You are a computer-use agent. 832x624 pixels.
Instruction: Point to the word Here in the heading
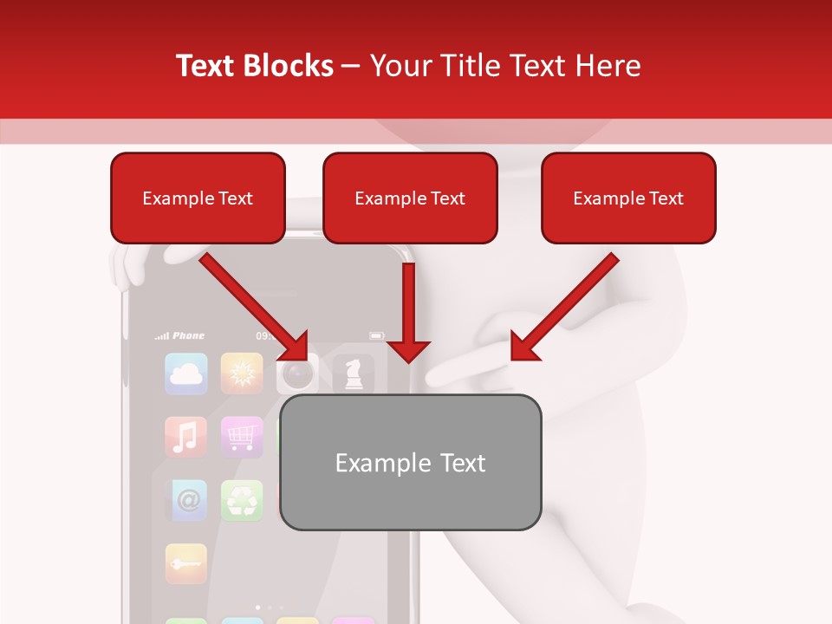click(x=607, y=66)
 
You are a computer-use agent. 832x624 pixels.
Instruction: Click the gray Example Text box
click(x=410, y=463)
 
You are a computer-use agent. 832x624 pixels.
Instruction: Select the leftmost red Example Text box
click(x=198, y=198)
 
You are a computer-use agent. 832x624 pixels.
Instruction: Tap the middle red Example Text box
click(x=410, y=198)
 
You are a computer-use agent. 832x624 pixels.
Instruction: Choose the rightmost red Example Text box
click(x=628, y=198)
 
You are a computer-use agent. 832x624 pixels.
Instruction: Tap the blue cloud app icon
click(x=186, y=374)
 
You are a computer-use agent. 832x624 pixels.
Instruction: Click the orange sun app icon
click(x=242, y=374)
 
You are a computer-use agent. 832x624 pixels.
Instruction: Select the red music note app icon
click(x=186, y=437)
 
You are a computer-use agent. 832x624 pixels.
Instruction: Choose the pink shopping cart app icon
click(x=242, y=437)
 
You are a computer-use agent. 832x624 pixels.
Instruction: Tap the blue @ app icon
click(x=186, y=500)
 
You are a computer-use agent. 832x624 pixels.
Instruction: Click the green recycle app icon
click(x=242, y=500)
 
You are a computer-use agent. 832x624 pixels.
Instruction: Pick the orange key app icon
click(x=186, y=563)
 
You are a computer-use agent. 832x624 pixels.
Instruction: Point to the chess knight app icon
click(x=354, y=374)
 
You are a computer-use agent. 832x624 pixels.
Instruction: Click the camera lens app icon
click(x=296, y=374)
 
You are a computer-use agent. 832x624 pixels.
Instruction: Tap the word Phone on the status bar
click(x=188, y=335)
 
